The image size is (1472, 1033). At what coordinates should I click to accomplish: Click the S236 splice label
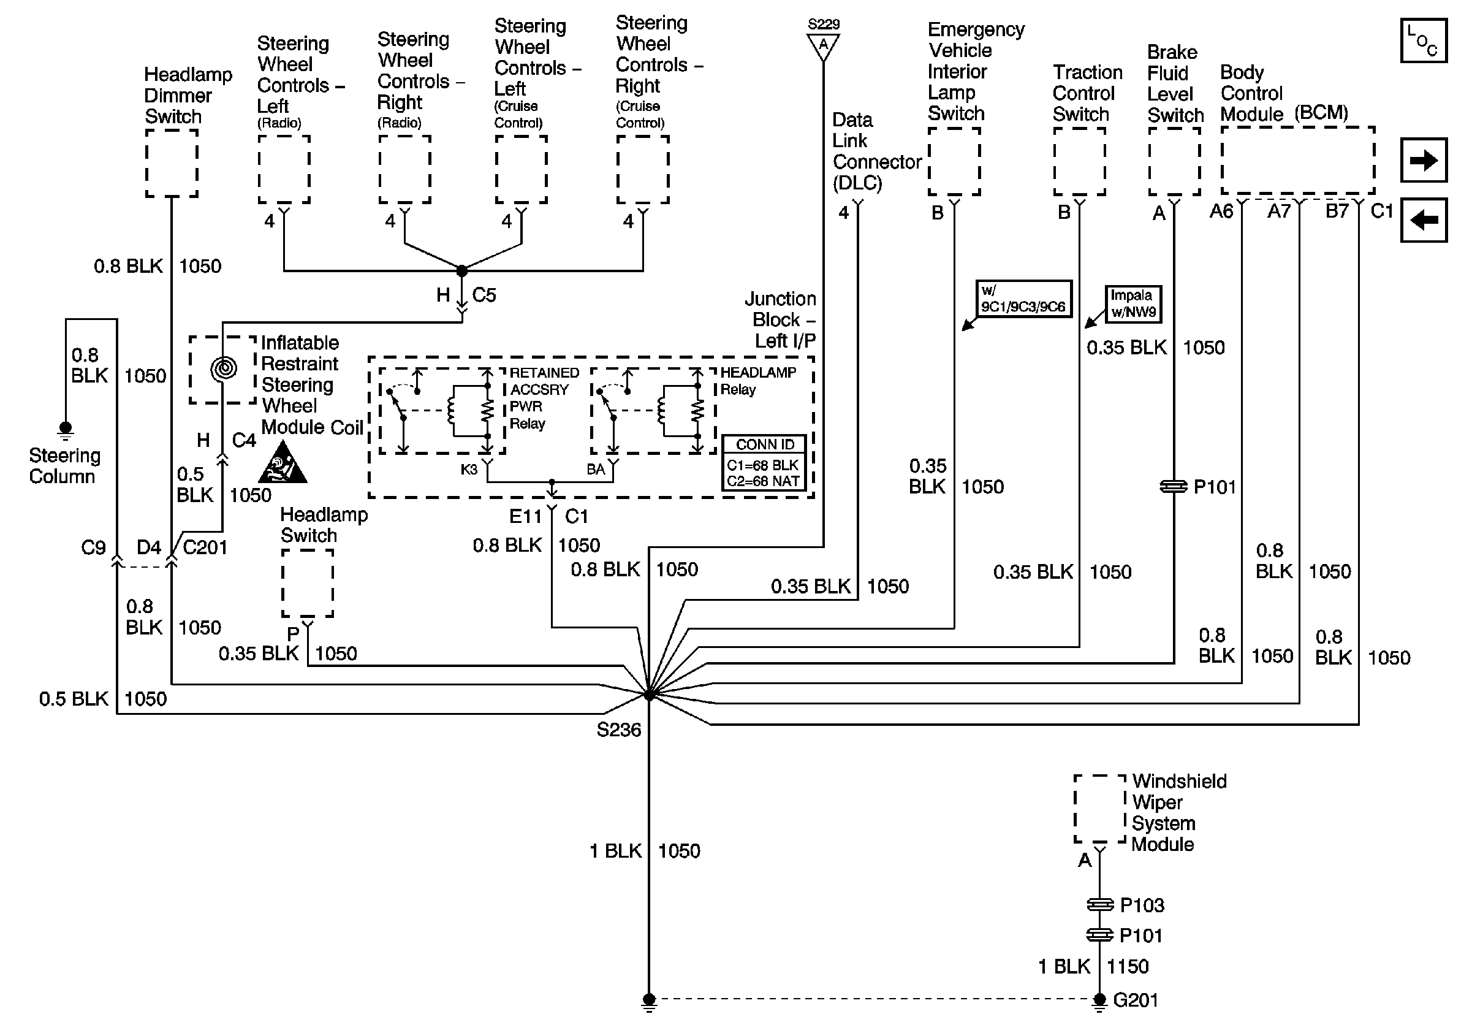click(x=618, y=730)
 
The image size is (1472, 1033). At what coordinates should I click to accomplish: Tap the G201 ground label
click(x=1136, y=1000)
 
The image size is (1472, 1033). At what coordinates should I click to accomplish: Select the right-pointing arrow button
click(x=1423, y=160)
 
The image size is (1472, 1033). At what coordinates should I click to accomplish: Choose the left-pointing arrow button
click(x=1423, y=221)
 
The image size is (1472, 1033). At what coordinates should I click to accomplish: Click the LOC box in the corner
click(x=1423, y=41)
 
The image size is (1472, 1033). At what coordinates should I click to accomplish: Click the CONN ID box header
click(x=764, y=444)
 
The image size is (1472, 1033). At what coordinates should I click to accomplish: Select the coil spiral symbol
click(x=224, y=368)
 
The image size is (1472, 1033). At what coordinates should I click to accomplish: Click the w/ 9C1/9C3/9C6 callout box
click(x=1023, y=299)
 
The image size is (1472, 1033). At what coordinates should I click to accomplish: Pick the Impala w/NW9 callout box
click(x=1133, y=304)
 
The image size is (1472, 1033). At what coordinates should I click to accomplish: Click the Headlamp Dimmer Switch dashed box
click(x=172, y=164)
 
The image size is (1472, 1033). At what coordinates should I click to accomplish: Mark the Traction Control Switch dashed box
click(x=1080, y=162)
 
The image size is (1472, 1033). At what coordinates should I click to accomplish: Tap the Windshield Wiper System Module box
click(x=1099, y=809)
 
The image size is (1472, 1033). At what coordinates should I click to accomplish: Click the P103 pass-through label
click(x=1142, y=905)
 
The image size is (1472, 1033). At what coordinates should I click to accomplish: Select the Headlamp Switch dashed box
click(x=308, y=583)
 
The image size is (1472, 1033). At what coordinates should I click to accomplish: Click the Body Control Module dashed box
click(x=1297, y=160)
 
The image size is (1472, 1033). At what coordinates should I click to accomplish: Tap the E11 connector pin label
click(x=526, y=516)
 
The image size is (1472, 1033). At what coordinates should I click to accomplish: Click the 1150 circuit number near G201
click(x=1128, y=966)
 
